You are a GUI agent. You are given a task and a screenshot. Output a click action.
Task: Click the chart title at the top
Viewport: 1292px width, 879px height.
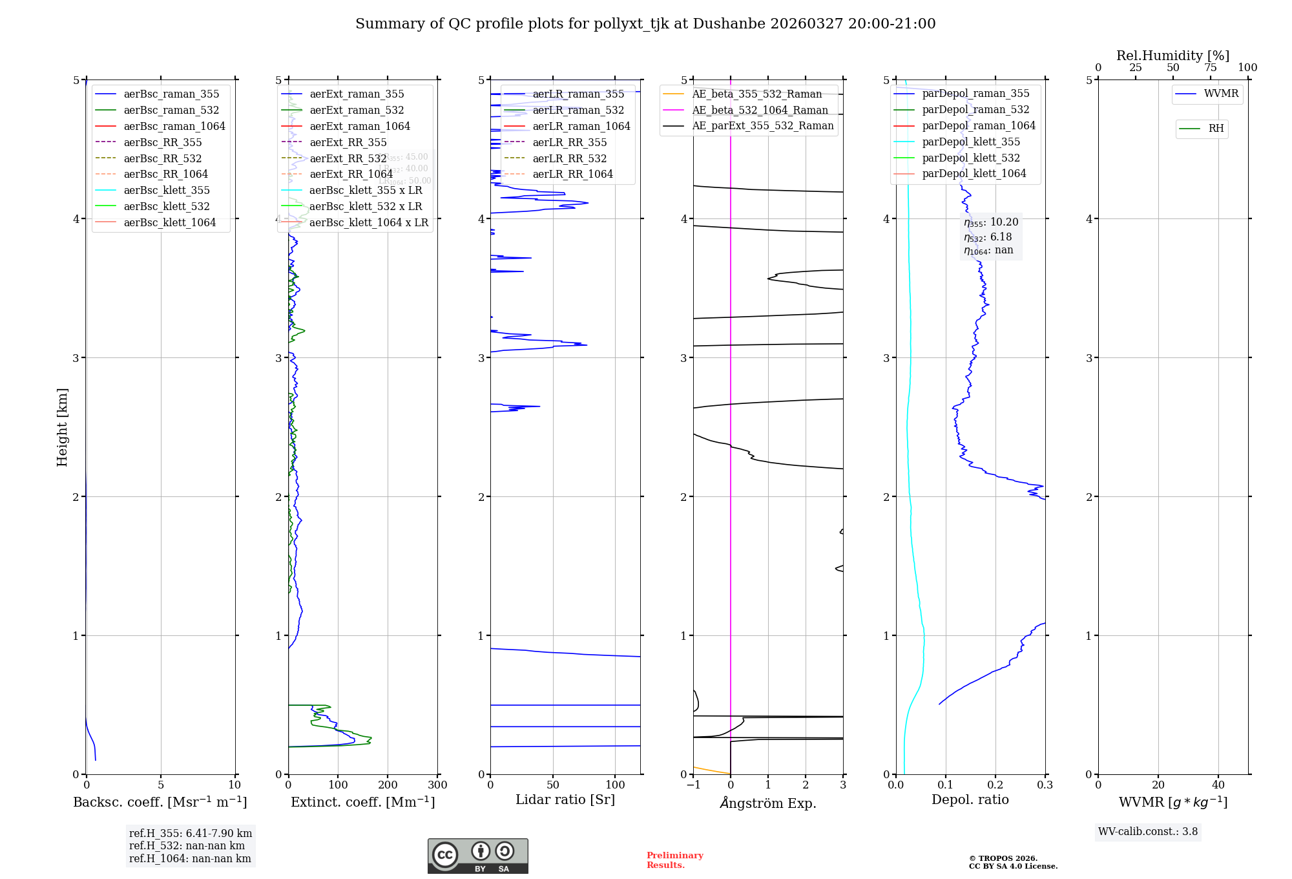point(645,24)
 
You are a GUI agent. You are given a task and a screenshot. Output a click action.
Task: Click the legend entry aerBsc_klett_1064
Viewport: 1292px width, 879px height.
point(169,222)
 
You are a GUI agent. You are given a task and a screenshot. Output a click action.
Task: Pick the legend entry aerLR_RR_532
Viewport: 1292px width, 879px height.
point(569,158)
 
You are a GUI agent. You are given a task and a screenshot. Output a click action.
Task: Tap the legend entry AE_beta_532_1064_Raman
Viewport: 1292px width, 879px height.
point(760,110)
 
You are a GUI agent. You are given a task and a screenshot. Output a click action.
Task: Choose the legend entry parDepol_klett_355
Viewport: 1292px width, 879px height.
point(970,142)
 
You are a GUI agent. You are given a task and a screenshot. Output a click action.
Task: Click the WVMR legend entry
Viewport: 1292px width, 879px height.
point(1220,94)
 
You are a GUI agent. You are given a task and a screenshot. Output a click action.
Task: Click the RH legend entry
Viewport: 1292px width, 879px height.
point(1215,129)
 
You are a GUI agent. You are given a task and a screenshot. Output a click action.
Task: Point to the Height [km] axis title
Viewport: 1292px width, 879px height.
point(62,427)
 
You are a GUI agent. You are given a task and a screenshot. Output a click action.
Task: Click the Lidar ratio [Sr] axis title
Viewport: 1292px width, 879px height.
point(565,800)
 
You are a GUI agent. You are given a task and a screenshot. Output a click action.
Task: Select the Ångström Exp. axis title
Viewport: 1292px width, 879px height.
point(768,803)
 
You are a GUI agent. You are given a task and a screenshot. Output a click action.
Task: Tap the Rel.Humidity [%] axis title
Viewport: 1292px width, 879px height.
point(1172,56)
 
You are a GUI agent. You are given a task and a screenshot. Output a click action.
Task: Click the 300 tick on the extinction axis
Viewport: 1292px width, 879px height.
point(438,785)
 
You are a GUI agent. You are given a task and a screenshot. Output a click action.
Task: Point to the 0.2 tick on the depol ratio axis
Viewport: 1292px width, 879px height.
point(995,785)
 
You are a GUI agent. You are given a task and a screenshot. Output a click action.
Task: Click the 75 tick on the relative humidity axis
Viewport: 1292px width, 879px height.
point(1210,67)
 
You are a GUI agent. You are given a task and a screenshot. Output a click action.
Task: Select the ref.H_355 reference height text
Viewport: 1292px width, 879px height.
point(190,833)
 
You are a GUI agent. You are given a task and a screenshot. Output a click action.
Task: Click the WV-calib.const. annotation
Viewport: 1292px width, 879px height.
point(1148,832)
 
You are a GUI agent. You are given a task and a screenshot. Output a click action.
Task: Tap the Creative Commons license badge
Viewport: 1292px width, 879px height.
point(477,856)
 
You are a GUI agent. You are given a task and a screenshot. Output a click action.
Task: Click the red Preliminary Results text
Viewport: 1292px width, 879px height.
point(674,860)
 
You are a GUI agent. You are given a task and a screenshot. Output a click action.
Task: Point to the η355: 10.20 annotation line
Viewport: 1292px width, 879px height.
point(991,222)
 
